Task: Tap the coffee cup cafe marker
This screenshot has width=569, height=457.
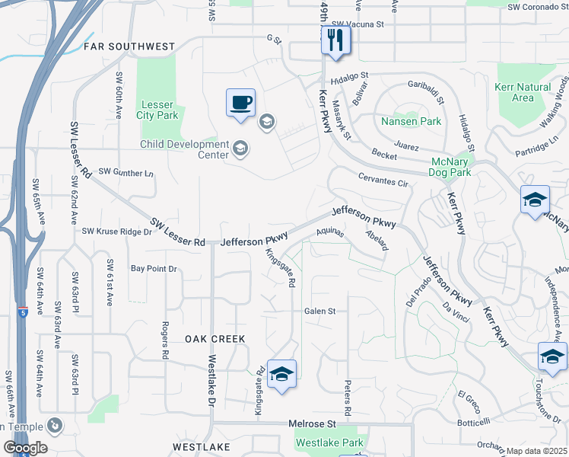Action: click(x=240, y=102)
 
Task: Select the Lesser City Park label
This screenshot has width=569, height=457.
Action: click(x=157, y=110)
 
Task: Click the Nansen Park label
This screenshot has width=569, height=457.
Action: click(x=411, y=121)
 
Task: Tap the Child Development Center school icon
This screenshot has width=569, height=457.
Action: click(x=240, y=148)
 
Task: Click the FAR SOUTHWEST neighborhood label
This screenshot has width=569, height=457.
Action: click(x=129, y=46)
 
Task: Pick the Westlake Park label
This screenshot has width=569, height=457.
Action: click(x=329, y=442)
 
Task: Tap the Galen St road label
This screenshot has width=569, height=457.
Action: click(x=319, y=311)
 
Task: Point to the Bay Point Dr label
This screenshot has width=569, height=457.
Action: click(x=153, y=269)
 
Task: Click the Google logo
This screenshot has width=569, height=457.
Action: click(x=24, y=448)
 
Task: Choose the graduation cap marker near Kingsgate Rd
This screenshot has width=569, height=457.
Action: click(x=281, y=374)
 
